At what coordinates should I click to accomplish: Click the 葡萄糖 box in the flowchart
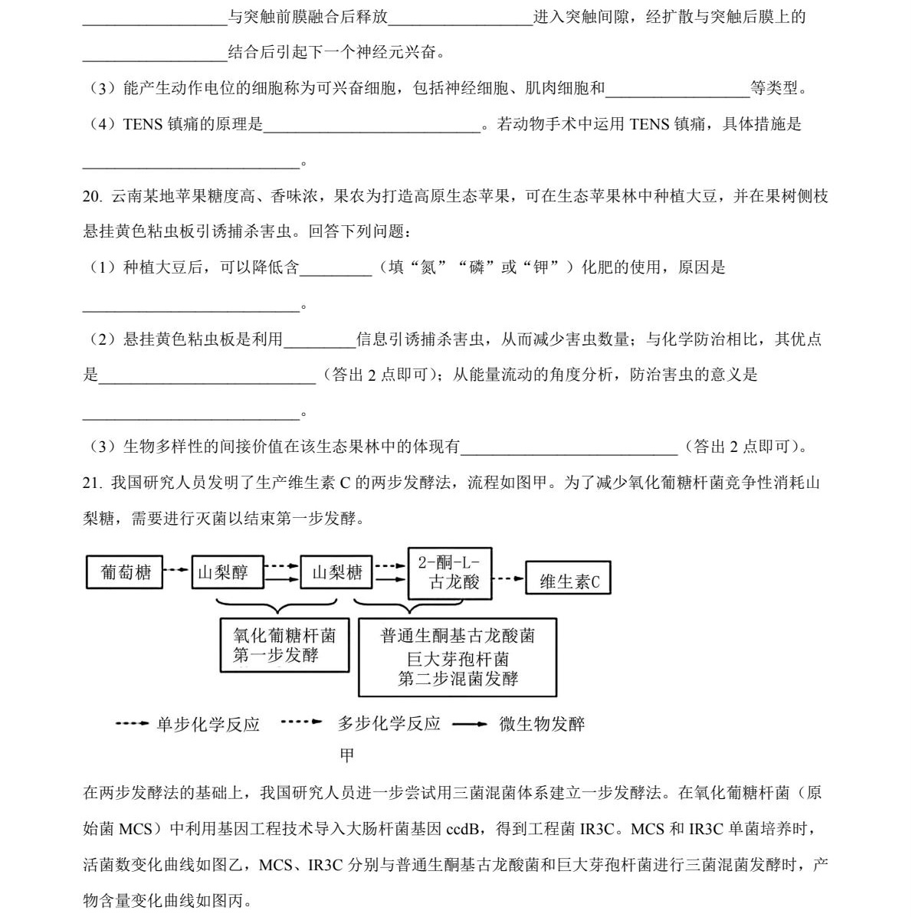(x=124, y=572)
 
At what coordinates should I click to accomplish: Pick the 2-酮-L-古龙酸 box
(x=449, y=572)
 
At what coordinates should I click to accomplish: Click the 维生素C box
(x=568, y=581)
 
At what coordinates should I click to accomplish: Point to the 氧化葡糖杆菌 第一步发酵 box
(x=284, y=645)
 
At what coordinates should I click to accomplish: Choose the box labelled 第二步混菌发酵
(x=458, y=657)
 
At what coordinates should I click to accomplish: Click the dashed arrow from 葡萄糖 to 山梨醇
(x=177, y=570)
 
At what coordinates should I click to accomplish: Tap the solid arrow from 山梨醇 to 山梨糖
(x=281, y=580)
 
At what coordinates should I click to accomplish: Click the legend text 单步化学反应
(x=208, y=724)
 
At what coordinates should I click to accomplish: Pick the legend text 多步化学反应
(x=389, y=724)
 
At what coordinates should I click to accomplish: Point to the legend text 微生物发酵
(x=542, y=724)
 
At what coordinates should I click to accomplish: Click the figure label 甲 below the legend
(x=347, y=755)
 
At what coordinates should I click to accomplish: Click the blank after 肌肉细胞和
(x=677, y=89)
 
